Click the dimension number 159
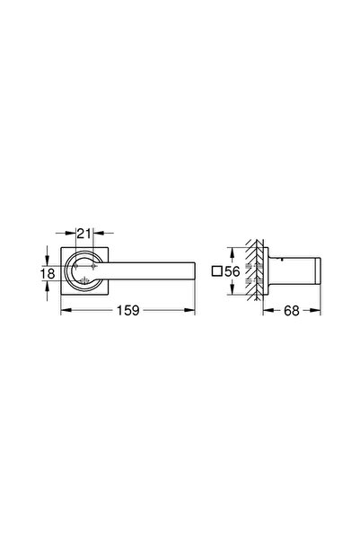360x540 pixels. point(127,312)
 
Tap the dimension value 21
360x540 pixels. point(84,232)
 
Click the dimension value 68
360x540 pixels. point(291,312)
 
